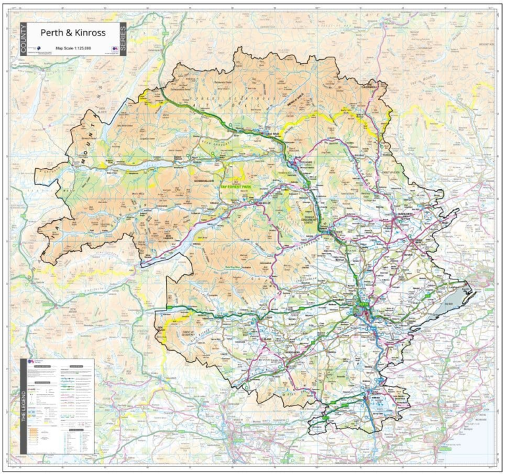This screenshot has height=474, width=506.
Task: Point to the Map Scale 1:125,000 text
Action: coord(74,48)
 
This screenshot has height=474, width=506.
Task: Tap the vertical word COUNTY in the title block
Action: coord(23,39)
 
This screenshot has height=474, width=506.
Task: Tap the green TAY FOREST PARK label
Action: coord(236,187)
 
